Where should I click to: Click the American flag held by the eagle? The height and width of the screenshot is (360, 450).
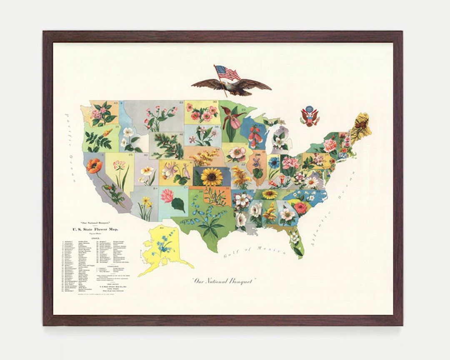227,74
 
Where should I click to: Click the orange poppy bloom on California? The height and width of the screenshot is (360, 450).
94,165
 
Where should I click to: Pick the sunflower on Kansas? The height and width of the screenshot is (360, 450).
212,177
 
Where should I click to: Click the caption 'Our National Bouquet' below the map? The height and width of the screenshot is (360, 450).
225,281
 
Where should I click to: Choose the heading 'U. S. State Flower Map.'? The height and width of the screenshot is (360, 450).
95,229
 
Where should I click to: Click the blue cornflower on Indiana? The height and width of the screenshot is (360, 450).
274,162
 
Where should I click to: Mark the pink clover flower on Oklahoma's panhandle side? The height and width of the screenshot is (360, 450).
167,195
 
